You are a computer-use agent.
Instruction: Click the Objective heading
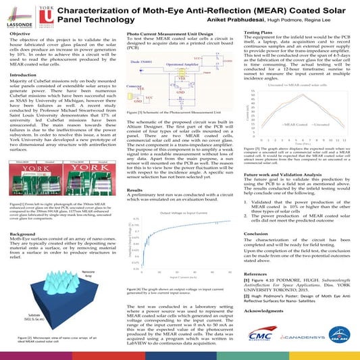pos(22,33)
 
